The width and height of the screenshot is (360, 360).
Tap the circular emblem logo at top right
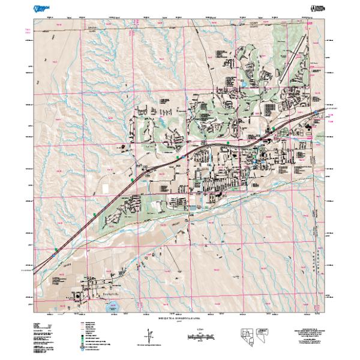[x=314, y=8]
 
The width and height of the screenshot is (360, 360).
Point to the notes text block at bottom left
[x=45, y=339]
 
